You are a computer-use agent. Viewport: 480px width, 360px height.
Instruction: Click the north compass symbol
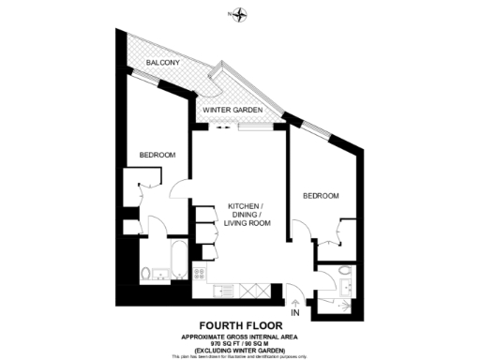(x=241, y=14)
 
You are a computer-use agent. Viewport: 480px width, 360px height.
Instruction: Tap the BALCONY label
(x=163, y=63)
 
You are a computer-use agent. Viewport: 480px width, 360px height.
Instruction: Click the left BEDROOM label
(x=158, y=155)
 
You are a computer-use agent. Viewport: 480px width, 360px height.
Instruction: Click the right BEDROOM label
(x=321, y=195)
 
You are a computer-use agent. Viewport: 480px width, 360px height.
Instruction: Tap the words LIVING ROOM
(x=246, y=223)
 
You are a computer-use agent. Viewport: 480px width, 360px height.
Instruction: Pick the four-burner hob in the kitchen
(x=200, y=274)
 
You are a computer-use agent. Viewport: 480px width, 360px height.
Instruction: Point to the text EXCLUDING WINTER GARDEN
(x=240, y=349)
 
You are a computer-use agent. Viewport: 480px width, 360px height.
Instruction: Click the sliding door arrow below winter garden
(x=221, y=128)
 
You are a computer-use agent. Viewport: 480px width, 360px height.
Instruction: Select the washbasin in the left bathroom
(x=161, y=274)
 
